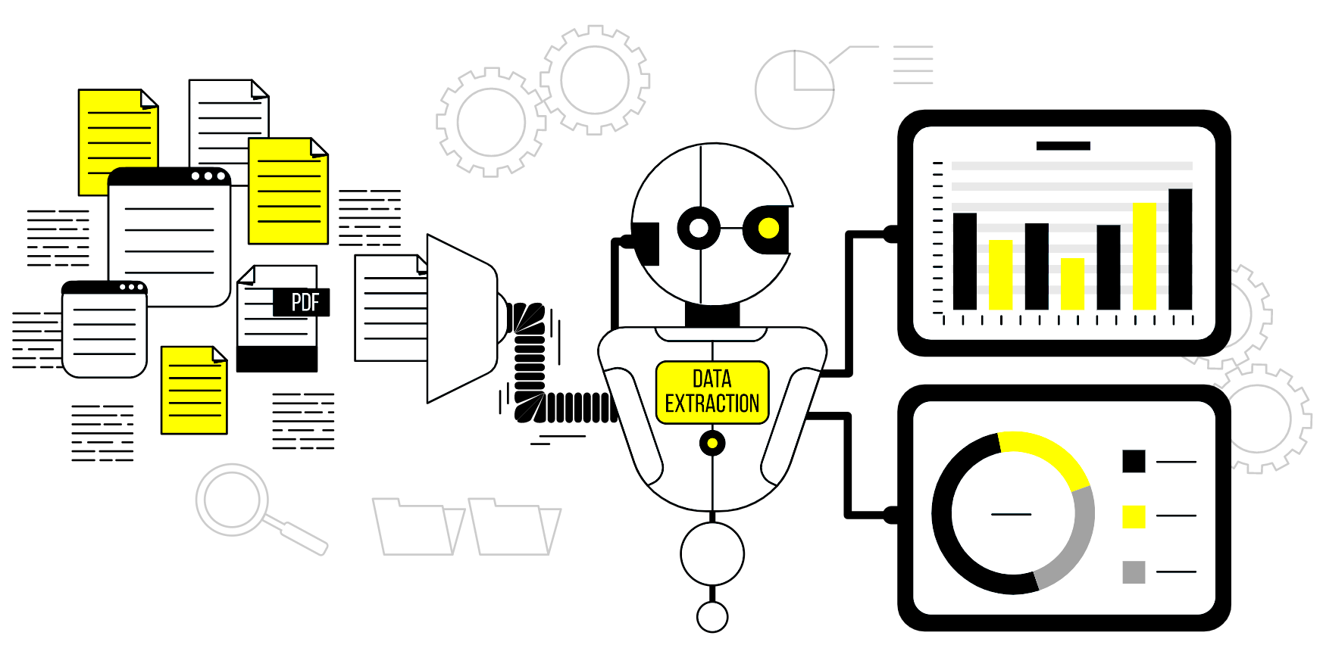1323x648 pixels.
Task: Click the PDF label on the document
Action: (305, 302)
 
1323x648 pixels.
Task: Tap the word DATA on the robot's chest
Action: (712, 379)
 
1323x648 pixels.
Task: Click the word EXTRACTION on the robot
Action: (712, 403)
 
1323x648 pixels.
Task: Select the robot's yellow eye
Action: (768, 228)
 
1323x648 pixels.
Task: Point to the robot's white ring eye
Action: (699, 228)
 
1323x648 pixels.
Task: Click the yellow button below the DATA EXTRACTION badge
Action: (712, 443)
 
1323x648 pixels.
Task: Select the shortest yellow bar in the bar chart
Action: (1072, 284)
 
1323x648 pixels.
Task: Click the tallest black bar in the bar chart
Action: (1180, 249)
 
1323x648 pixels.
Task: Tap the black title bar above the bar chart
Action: (1063, 146)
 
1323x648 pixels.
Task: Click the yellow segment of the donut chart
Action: (1049, 454)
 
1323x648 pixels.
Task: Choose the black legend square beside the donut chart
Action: (1134, 461)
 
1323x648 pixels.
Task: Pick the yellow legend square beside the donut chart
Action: (1134, 516)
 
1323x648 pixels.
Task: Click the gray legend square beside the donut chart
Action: (1134, 572)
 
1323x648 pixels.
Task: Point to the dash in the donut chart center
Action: (1012, 514)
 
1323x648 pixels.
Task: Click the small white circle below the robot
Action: (712, 617)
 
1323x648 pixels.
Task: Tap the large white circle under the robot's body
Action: (712, 554)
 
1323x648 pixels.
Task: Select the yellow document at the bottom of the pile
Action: (194, 391)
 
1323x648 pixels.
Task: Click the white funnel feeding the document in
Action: (461, 318)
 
